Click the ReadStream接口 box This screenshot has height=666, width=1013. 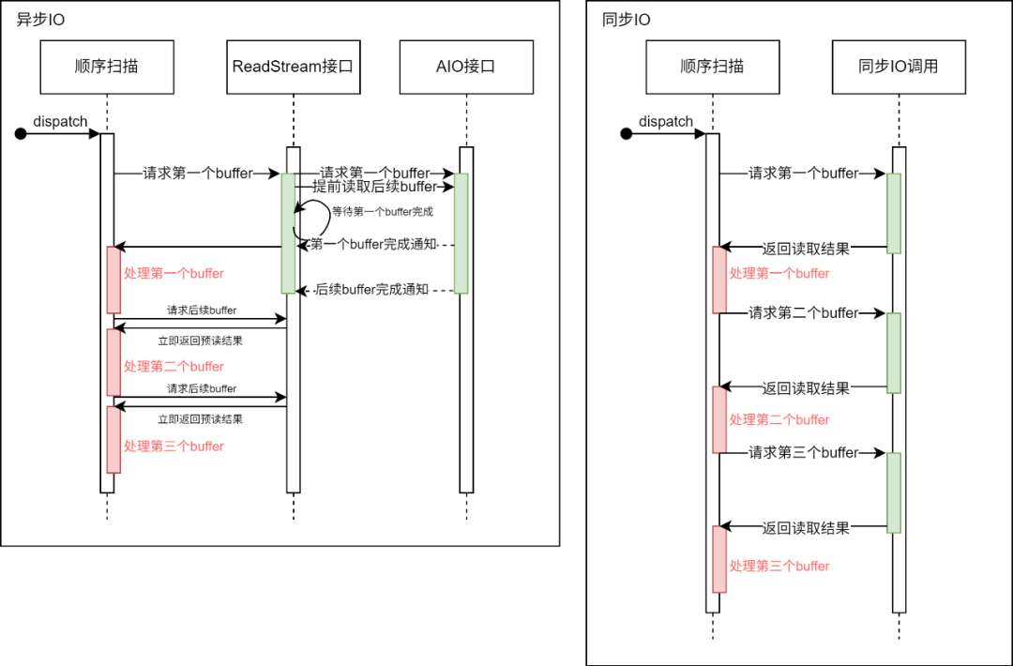[x=294, y=67]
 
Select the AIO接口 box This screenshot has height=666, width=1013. [x=465, y=67]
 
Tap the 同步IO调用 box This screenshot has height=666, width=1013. [x=899, y=67]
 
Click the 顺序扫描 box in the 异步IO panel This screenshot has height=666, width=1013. [x=108, y=67]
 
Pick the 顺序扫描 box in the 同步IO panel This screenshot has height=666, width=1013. [x=713, y=67]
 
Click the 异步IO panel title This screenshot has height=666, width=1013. [x=41, y=20]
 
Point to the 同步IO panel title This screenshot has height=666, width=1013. [x=627, y=20]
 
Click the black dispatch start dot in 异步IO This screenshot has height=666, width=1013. [x=21, y=134]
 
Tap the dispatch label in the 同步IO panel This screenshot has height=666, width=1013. [x=666, y=122]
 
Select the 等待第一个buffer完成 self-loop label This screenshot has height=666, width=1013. [x=383, y=212]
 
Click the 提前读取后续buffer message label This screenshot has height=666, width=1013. [x=375, y=188]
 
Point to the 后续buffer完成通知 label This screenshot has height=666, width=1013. [x=372, y=290]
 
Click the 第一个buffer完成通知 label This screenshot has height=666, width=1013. [x=372, y=245]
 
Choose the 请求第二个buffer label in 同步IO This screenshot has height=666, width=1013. [x=804, y=313]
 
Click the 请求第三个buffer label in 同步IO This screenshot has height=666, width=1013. [x=804, y=453]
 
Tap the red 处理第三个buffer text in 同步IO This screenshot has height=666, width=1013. [x=779, y=567]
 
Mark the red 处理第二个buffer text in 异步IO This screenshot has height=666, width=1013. [x=174, y=367]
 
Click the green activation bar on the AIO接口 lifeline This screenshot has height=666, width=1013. [x=461, y=233]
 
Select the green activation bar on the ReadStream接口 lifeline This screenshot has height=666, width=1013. [x=288, y=233]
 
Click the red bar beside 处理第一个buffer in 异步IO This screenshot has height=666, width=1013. [x=113, y=280]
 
